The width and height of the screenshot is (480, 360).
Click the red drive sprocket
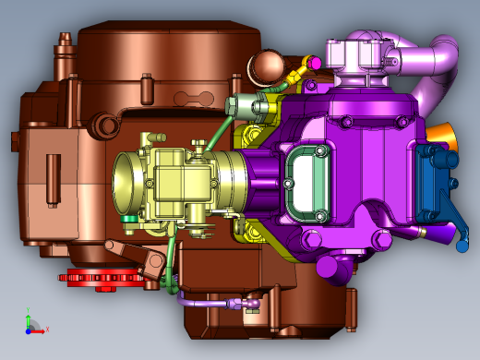pos(102,278)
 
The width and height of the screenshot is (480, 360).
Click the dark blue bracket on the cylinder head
pos(434,182)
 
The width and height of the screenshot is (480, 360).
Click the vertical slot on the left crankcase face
pos(51,171)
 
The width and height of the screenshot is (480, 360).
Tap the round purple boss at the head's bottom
pos(329,269)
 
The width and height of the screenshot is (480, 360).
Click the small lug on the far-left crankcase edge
pos(16,140)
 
